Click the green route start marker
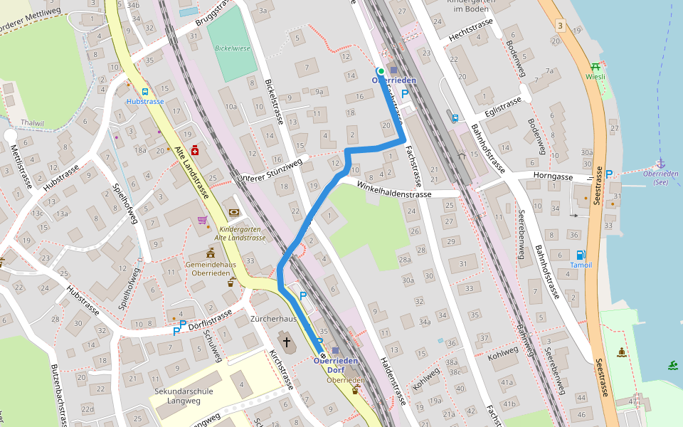[x=381, y=71]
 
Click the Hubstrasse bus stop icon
[x=145, y=92]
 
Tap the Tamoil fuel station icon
[x=581, y=255]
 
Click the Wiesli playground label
[x=595, y=76]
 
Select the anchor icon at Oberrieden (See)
[x=661, y=164]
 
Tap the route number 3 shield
[x=561, y=26]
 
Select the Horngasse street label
[x=553, y=176]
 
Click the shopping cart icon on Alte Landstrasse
[x=202, y=220]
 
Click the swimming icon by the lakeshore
[x=673, y=366]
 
